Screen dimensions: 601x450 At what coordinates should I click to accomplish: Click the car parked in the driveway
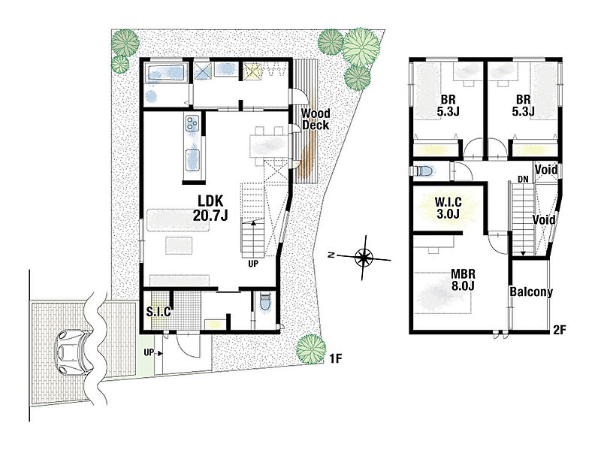[x=72, y=352]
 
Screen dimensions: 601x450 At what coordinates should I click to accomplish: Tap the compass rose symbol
[x=364, y=258]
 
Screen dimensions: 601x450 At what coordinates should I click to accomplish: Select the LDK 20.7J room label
[x=210, y=208]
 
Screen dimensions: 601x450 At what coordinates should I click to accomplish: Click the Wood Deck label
[x=315, y=119]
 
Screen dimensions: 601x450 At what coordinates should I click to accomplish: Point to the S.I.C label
[x=159, y=312]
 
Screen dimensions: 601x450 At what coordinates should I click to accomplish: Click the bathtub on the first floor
[x=165, y=73]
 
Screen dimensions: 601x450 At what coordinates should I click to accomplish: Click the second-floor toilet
[x=422, y=171]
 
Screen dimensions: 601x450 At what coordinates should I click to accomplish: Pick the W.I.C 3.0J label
[x=448, y=208]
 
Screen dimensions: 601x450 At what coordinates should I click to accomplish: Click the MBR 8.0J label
[x=463, y=279]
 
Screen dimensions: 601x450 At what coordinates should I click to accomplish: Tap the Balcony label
[x=531, y=291]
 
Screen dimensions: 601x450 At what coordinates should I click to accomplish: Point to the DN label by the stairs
[x=523, y=179]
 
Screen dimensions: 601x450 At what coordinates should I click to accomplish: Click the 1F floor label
[x=335, y=358]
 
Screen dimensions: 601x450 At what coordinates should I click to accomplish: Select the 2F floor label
[x=560, y=330]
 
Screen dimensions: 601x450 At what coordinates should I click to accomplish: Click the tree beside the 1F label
[x=311, y=349]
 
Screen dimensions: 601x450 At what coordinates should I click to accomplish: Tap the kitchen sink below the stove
[x=193, y=160]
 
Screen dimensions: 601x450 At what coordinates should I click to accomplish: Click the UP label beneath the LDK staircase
[x=253, y=264]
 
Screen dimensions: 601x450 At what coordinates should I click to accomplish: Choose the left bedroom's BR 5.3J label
[x=448, y=105]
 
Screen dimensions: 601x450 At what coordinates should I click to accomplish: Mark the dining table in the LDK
[x=268, y=146]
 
